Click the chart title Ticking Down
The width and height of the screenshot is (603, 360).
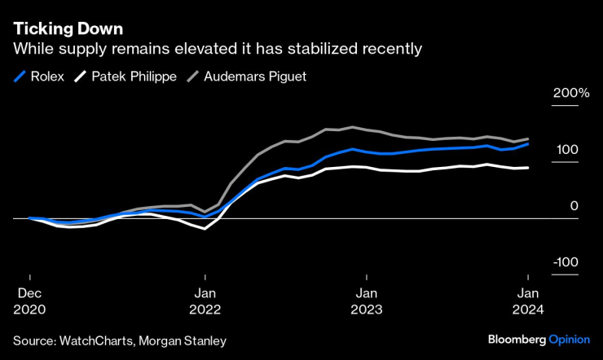pyautogui.click(x=68, y=29)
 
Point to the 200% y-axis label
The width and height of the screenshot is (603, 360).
pyautogui.click(x=571, y=93)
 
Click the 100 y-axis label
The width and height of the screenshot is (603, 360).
pyautogui.click(x=569, y=150)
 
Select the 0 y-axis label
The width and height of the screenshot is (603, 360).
pyautogui.click(x=574, y=206)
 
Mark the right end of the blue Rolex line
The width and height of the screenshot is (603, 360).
pyautogui.click(x=528, y=143)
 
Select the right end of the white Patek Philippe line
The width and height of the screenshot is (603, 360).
pyautogui.click(x=528, y=168)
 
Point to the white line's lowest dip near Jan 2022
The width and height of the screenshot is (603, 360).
pyautogui.click(x=205, y=229)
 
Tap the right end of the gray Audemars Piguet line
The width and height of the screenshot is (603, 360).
pyautogui.click(x=528, y=139)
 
